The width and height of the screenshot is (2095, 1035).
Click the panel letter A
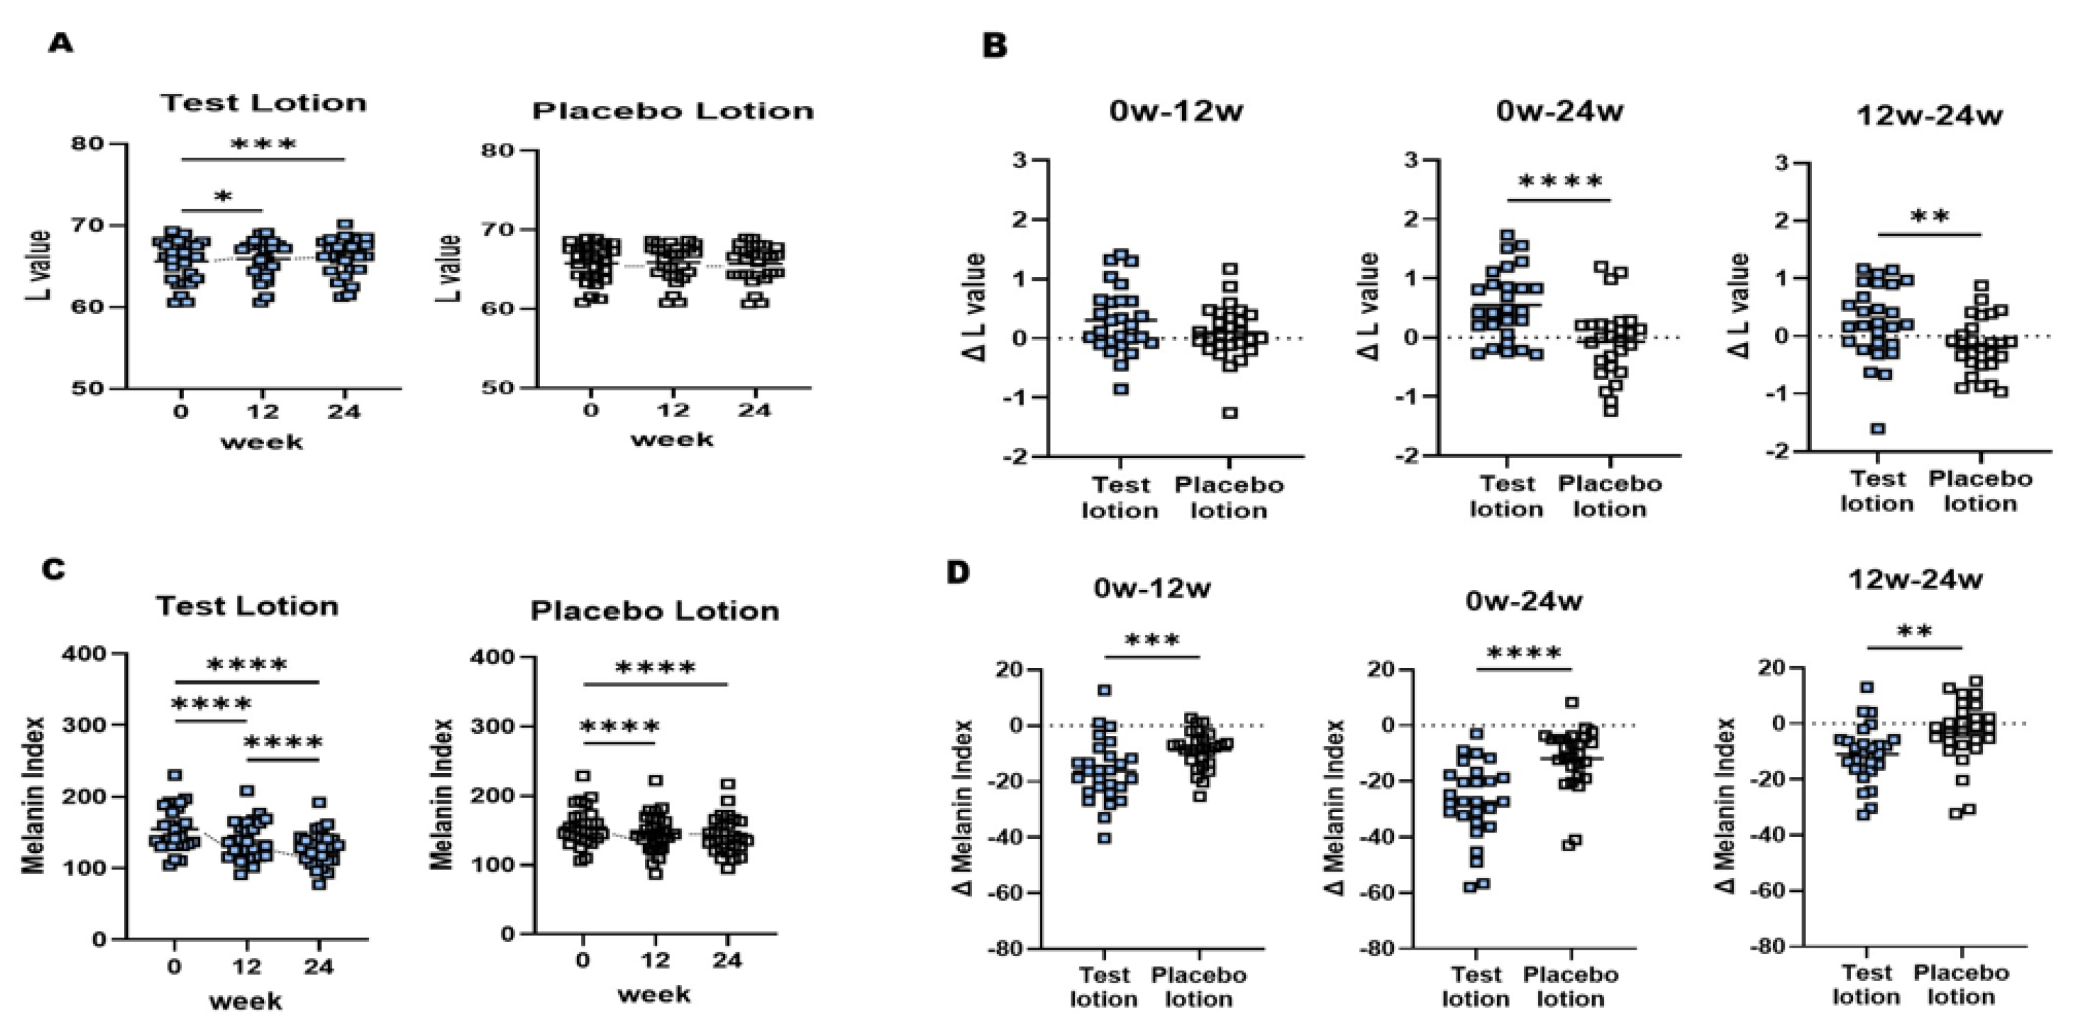click(61, 42)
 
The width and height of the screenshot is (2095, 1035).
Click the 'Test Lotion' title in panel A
click(263, 103)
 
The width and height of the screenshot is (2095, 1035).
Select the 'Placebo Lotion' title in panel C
click(654, 611)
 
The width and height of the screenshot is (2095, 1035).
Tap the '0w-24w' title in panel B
click(1559, 111)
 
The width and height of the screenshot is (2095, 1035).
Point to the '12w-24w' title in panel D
click(1915, 579)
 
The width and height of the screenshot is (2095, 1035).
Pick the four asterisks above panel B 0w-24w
click(1560, 182)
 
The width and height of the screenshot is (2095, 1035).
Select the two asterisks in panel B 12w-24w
click(1930, 217)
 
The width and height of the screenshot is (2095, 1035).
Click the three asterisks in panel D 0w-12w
click(1152, 641)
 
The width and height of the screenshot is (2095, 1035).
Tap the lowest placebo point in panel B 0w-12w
click(1230, 412)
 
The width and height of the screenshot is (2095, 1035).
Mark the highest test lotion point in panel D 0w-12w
click(1105, 690)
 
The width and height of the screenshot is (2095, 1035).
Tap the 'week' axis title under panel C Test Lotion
click(246, 1001)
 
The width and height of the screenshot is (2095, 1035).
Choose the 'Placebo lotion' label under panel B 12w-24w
click(1980, 491)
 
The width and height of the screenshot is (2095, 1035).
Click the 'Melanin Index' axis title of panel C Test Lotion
click(34, 795)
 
